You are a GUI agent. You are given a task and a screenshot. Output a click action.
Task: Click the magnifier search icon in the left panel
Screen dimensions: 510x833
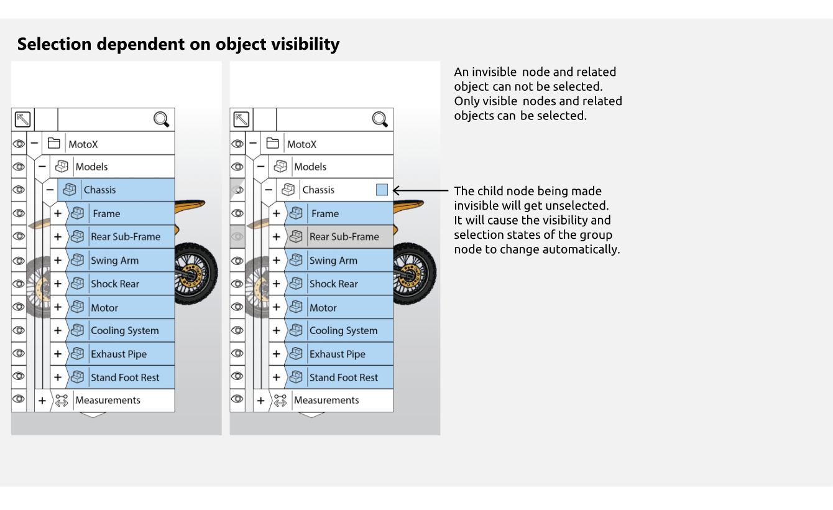pos(161,119)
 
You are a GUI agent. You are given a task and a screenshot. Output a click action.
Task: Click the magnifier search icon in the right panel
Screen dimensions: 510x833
pos(380,119)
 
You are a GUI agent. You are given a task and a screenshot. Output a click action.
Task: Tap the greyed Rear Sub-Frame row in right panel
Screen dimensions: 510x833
pos(344,237)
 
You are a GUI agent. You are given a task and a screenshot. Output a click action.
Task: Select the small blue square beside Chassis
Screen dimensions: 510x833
pos(382,190)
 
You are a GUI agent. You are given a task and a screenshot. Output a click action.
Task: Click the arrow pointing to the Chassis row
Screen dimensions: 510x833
pos(420,191)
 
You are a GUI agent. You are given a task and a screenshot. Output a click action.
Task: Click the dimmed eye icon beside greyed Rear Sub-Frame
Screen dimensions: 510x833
pos(237,236)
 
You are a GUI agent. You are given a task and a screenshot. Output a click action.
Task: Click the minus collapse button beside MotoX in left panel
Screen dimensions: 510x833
pos(34,144)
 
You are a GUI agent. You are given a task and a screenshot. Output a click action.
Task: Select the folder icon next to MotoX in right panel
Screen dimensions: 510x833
pos(272,144)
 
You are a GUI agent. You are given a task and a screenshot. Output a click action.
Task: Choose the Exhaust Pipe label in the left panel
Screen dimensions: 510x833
pos(119,355)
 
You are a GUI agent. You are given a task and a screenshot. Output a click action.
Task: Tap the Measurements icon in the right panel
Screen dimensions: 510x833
pos(280,401)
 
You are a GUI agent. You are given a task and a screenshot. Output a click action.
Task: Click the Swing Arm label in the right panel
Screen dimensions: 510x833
pos(333,261)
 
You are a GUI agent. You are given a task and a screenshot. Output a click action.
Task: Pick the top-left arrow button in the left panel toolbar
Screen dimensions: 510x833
pos(22,119)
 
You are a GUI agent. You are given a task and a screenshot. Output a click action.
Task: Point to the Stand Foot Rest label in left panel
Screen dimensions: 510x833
pos(125,378)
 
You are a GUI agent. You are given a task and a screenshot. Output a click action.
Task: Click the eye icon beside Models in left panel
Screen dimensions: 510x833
pos(19,167)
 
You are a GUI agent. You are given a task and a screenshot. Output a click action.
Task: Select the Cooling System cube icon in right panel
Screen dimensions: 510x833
pos(296,330)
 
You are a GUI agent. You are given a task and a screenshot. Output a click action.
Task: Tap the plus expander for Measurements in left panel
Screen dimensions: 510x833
pos(42,401)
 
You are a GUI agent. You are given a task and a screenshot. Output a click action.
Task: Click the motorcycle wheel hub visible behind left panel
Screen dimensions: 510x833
pos(191,272)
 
